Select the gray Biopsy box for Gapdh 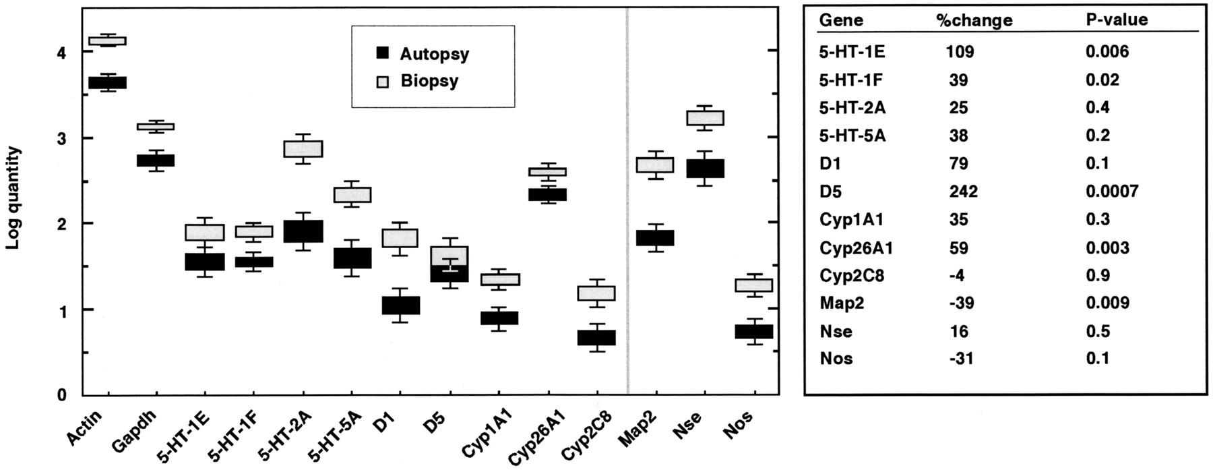(156, 126)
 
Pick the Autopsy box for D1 (401, 305)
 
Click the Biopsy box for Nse (704, 117)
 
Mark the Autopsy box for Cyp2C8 (596, 337)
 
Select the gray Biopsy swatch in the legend (382, 81)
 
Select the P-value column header (1116, 20)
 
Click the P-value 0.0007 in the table (1111, 192)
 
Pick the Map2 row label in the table (838, 303)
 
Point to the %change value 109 (959, 52)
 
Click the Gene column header (840, 20)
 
